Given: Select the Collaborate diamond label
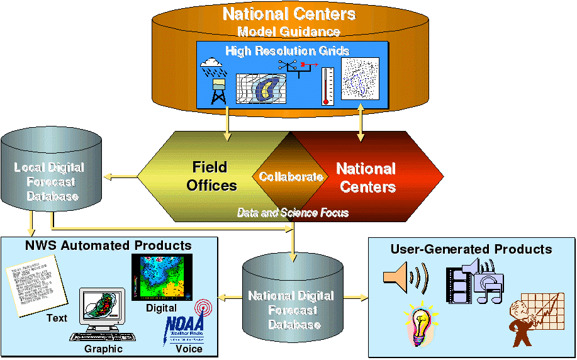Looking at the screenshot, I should click(291, 177).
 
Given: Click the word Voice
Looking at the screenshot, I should click(189, 349).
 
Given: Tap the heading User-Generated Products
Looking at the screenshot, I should click(471, 249).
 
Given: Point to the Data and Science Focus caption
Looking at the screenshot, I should click(292, 213).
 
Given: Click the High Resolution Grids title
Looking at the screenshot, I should click(288, 50).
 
